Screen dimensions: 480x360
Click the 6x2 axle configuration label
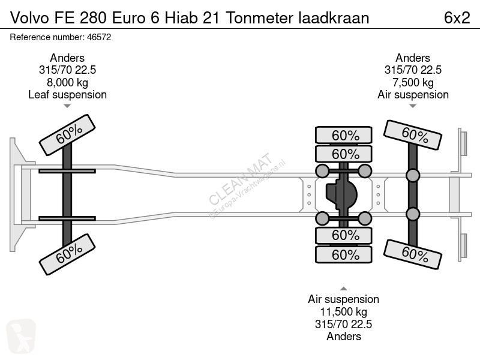457,18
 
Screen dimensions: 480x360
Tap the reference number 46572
99,37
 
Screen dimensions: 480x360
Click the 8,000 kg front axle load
67,83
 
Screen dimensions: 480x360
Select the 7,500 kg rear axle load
413,83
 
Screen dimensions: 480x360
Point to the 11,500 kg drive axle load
343,312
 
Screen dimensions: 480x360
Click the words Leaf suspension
67,95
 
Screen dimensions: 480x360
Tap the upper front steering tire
67,134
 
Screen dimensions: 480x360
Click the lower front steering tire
67,254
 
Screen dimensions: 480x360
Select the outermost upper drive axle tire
344,135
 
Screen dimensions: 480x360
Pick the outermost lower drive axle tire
344,254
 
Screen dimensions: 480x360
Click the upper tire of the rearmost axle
413,135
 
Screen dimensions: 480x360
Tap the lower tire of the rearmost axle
413,254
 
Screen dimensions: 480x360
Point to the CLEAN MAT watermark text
241,178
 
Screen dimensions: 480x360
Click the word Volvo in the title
29,18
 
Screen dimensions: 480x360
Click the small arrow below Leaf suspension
67,106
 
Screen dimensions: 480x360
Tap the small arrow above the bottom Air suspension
344,289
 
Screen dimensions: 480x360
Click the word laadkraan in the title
334,18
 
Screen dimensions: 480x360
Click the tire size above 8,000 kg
67,70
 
